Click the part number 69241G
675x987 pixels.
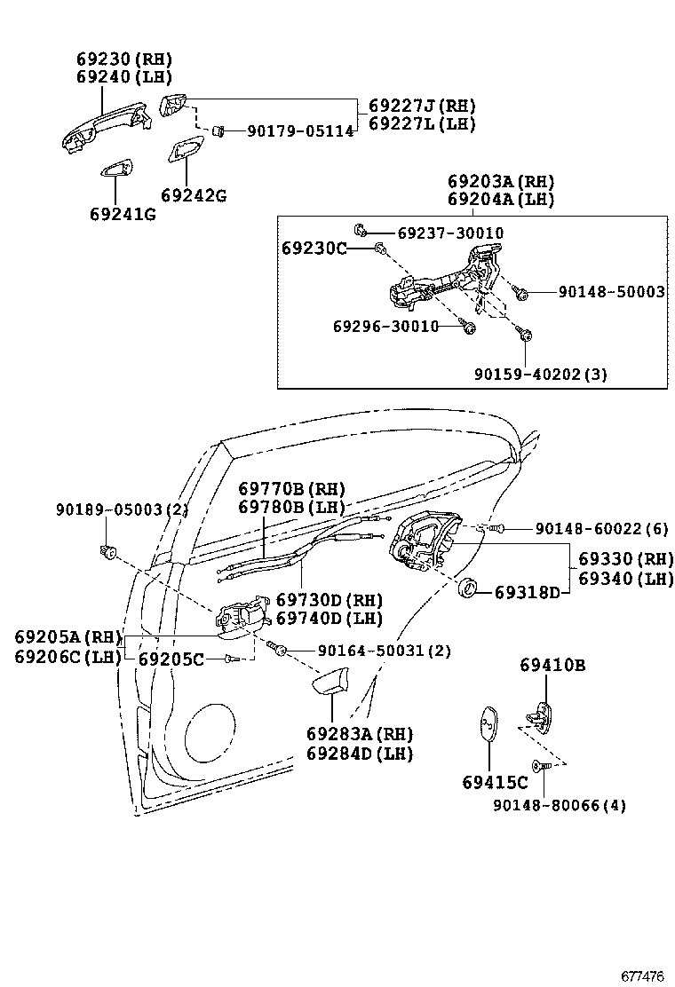pyautogui.click(x=123, y=214)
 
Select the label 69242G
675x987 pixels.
pyautogui.click(x=194, y=195)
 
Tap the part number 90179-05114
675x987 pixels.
pyautogui.click(x=300, y=131)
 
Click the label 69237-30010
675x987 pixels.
pyautogui.click(x=450, y=233)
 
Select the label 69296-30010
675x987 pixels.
pyautogui.click(x=386, y=327)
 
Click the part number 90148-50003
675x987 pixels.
pyautogui.click(x=611, y=292)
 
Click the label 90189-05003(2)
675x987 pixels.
pyautogui.click(x=122, y=509)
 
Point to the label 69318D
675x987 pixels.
pyautogui.click(x=527, y=591)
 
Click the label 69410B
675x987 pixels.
pyautogui.click(x=552, y=666)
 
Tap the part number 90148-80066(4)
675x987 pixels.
pyautogui.click(x=560, y=806)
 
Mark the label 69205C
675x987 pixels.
pyautogui.click(x=171, y=659)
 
